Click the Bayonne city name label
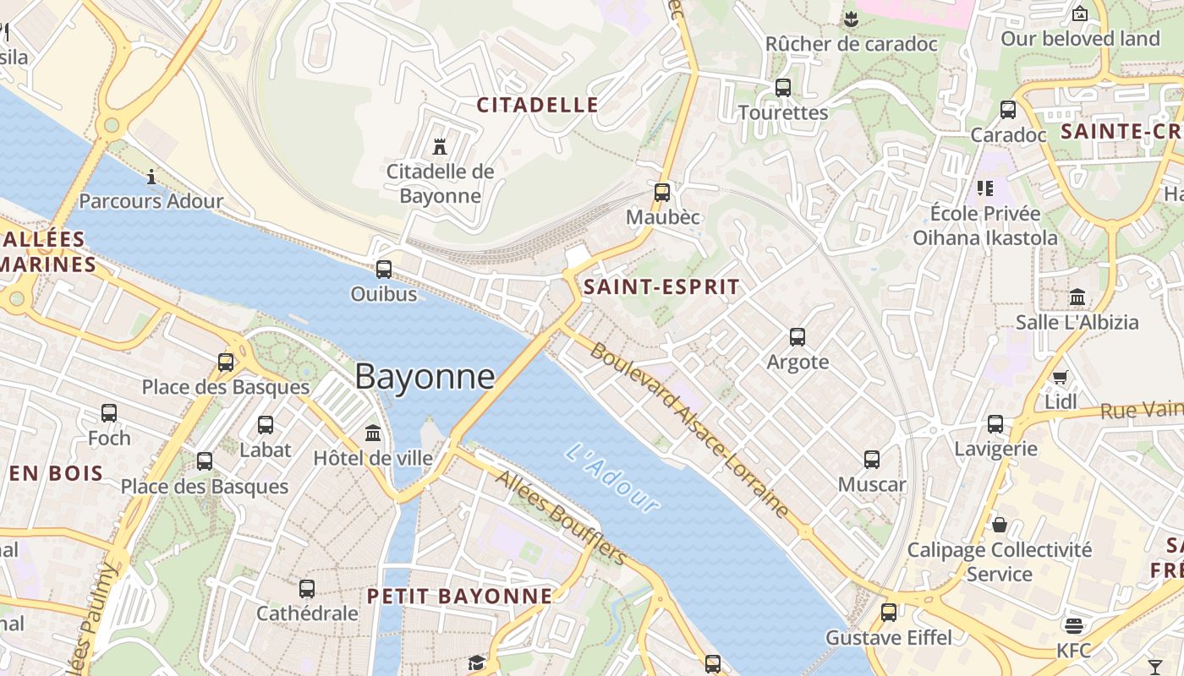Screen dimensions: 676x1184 pyautogui.click(x=424, y=376)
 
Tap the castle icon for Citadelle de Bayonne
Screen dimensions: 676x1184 pyautogui.click(x=439, y=146)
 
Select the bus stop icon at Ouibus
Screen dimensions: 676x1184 pyautogui.click(x=384, y=269)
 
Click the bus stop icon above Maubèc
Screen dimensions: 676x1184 pyautogui.click(x=662, y=192)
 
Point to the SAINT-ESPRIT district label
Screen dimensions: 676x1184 pyautogui.click(x=661, y=286)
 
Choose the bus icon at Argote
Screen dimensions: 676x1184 pyautogui.click(x=797, y=337)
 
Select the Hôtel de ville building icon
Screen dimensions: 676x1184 pyautogui.click(x=373, y=433)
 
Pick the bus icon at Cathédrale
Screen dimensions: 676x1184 pyautogui.click(x=307, y=588)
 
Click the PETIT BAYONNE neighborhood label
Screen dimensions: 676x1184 pyautogui.click(x=459, y=596)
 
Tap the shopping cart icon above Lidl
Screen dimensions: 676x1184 pyautogui.click(x=1060, y=376)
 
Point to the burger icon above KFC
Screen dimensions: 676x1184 pyautogui.click(x=1074, y=625)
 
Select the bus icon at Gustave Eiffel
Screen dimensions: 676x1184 pyautogui.click(x=889, y=612)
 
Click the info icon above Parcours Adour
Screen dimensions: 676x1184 pyautogui.click(x=151, y=176)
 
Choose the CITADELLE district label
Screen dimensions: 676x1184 pyautogui.click(x=538, y=105)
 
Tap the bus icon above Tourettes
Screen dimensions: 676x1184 pyautogui.click(x=783, y=87)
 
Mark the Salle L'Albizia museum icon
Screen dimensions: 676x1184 pyautogui.click(x=1077, y=297)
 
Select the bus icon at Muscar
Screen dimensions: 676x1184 pyautogui.click(x=872, y=460)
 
